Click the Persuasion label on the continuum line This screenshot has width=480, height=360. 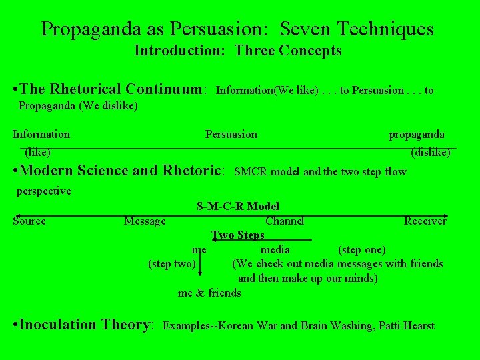pyautogui.click(x=231, y=135)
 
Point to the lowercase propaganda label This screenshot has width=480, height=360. pyautogui.click(x=417, y=135)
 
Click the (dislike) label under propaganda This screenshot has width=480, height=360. pyautogui.click(x=430, y=153)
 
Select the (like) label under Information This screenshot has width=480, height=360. pyautogui.click(x=37, y=153)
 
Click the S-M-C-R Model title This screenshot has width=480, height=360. pyautogui.click(x=238, y=207)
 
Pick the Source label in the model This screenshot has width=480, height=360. pyautogui.click(x=29, y=221)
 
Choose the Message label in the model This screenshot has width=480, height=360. pyautogui.click(x=145, y=221)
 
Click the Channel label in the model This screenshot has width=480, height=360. pyautogui.click(x=285, y=221)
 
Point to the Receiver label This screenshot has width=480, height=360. pyautogui.click(x=425, y=221)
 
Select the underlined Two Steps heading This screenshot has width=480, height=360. pyautogui.click(x=238, y=235)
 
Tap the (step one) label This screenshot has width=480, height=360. pyautogui.click(x=362, y=250)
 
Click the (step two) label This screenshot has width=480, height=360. pyautogui.click(x=172, y=264)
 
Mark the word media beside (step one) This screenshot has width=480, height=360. pyautogui.click(x=275, y=250)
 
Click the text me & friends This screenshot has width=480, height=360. pyautogui.click(x=209, y=293)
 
